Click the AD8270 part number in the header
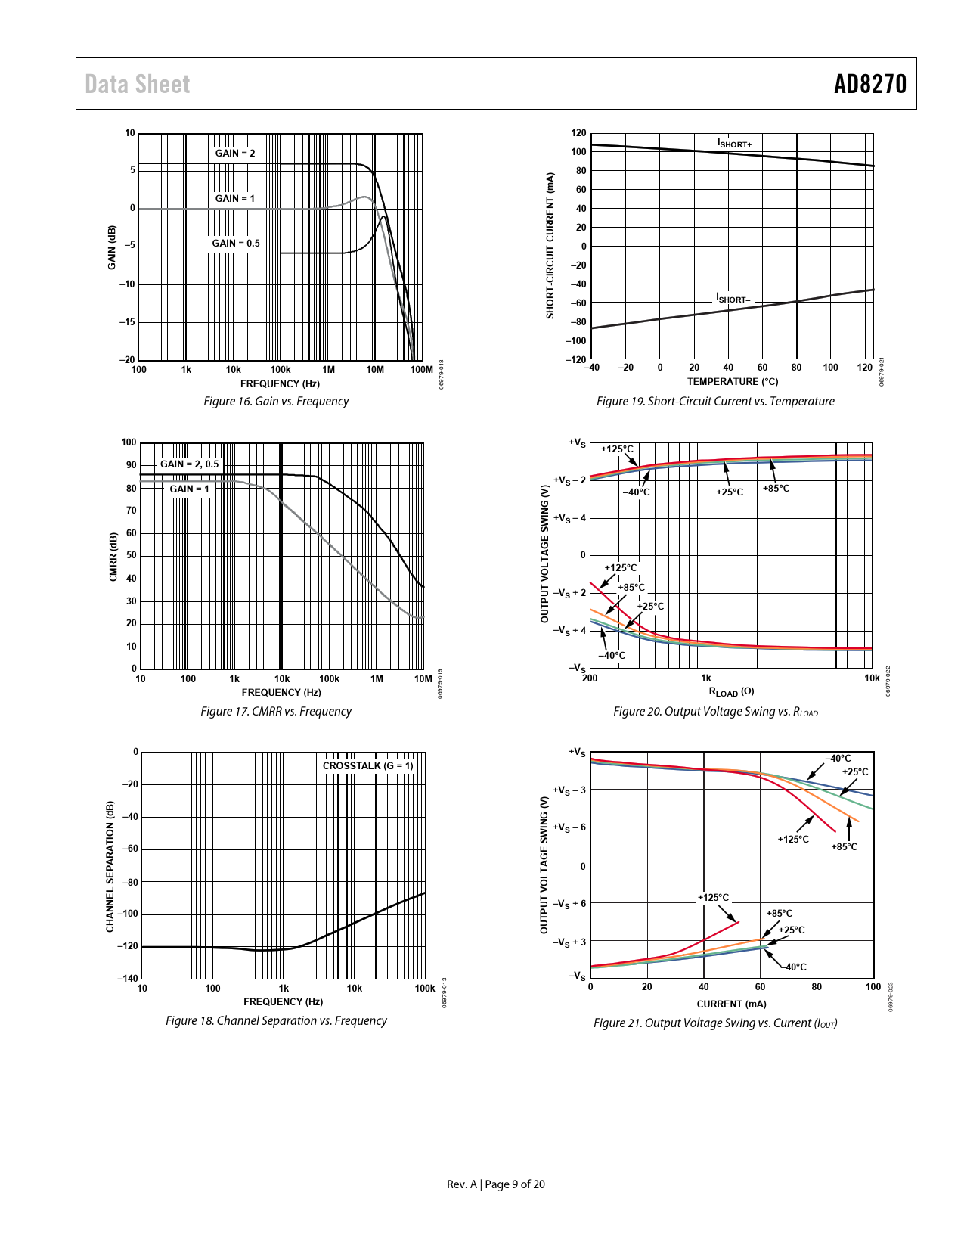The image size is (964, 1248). tap(869, 84)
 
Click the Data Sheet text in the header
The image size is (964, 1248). tap(137, 84)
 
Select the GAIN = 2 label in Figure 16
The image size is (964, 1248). tap(235, 153)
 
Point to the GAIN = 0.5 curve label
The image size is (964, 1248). tap(236, 243)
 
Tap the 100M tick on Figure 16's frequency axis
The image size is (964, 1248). tap(421, 370)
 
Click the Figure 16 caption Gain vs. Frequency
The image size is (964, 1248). tap(276, 401)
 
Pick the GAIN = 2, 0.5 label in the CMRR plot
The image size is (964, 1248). tap(189, 464)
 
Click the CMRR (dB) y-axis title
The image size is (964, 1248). tap(113, 557)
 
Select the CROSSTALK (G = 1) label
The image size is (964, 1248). tap(368, 765)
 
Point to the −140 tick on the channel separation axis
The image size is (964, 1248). tap(128, 978)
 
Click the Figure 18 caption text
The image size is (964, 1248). tap(276, 1020)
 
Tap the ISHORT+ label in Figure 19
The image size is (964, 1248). tap(734, 144)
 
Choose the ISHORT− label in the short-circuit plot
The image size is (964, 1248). tap(733, 299)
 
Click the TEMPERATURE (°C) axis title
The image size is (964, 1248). tap(732, 382)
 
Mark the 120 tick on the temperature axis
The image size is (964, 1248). tap(865, 368)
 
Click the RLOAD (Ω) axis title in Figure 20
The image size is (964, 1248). tap(731, 691)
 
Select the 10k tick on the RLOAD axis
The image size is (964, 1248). tap(872, 678)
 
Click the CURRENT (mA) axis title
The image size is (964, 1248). tap(731, 1004)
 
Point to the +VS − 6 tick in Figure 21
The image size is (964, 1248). tap(570, 827)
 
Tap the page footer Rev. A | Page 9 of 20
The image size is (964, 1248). tap(495, 1184)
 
